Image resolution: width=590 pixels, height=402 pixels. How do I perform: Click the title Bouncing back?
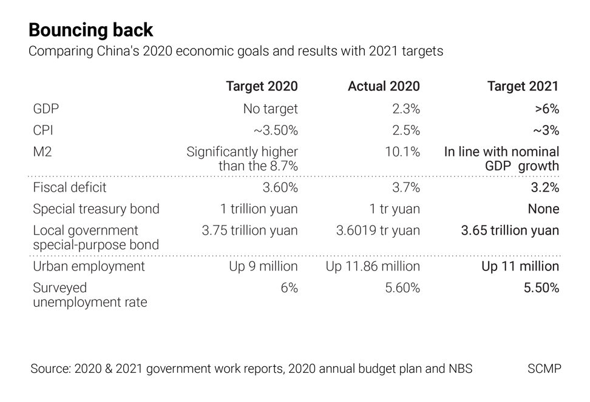point(91,30)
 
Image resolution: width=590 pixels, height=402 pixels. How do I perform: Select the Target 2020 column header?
point(262,87)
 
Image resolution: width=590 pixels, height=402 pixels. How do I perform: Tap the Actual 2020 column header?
point(384,87)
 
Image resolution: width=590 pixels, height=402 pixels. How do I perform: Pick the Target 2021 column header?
point(523,87)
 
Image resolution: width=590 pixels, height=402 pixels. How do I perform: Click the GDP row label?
point(46,109)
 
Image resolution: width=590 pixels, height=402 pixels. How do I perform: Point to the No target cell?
point(270,109)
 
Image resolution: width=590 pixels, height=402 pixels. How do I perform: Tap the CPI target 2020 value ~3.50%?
point(275,130)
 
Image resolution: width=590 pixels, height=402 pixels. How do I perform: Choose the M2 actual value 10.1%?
point(402,152)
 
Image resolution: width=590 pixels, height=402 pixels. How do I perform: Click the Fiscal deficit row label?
point(70,188)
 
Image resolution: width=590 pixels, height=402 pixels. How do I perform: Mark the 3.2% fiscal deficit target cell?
point(544,188)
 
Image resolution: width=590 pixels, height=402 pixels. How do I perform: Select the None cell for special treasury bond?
point(543,209)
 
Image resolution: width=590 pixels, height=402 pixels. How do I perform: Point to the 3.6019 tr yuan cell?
point(378,230)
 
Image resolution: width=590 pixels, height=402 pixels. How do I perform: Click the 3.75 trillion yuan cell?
point(249,230)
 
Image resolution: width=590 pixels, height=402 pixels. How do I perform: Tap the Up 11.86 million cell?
point(373,267)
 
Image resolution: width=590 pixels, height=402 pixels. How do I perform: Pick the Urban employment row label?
point(89,267)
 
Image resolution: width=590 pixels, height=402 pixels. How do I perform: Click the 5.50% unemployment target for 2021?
point(541,288)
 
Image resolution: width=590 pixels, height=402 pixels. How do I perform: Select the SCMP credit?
point(544,369)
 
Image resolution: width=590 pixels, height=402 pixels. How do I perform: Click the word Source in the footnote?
point(49,369)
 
